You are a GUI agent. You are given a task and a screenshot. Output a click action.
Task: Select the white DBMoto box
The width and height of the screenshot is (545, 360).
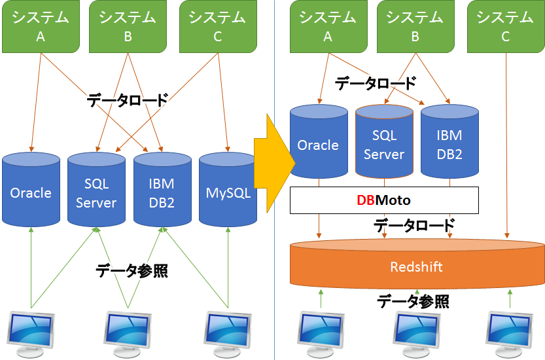point(383,200)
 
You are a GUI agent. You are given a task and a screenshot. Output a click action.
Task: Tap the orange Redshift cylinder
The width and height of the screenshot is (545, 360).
point(416,266)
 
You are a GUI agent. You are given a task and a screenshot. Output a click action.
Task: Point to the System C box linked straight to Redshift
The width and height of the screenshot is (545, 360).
point(505,27)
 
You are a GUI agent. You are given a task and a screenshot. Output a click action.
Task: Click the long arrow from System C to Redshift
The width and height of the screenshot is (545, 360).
point(508,144)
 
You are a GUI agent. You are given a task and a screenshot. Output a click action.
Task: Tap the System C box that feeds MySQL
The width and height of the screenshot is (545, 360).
point(217,27)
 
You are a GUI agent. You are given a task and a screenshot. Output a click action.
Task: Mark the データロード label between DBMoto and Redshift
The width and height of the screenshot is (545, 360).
point(413,226)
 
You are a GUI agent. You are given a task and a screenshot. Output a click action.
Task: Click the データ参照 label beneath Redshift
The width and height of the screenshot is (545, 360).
point(413,302)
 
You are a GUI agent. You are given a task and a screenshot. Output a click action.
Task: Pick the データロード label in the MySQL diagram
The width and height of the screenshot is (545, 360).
point(128,100)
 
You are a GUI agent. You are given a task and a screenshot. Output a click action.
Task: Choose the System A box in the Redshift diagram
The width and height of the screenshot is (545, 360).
point(328,27)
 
